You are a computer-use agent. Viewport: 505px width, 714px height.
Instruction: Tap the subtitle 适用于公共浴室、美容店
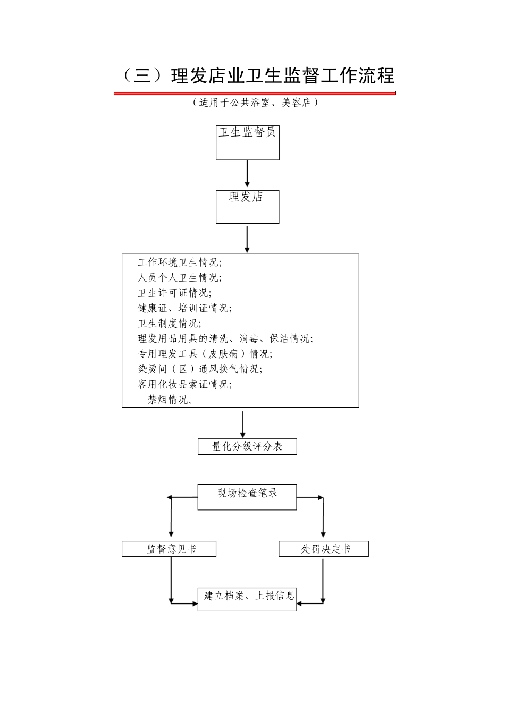pyautogui.click(x=255, y=103)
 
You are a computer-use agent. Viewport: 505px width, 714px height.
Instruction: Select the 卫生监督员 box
pyautogui.click(x=247, y=142)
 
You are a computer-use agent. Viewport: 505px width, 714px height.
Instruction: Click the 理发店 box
pyautogui.click(x=247, y=207)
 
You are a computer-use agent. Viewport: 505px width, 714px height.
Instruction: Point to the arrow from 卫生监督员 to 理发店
pyautogui.click(x=247, y=174)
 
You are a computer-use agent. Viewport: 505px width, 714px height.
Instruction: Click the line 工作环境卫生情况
pyautogui.click(x=180, y=262)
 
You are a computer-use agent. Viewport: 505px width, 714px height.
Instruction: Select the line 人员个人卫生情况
pyautogui.click(x=180, y=277)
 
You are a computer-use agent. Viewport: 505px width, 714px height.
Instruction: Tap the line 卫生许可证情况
pyautogui.click(x=174, y=293)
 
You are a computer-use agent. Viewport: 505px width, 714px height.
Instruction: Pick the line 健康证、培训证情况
pyautogui.click(x=184, y=308)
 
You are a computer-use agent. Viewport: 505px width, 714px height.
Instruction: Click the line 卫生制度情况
pyautogui.click(x=170, y=324)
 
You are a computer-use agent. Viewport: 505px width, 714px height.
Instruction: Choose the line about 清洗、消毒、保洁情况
pyautogui.click(x=225, y=338)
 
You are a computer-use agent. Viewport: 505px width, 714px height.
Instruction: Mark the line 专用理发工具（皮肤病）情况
pyautogui.click(x=205, y=354)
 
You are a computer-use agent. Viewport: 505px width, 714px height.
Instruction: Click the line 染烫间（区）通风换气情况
pyautogui.click(x=200, y=369)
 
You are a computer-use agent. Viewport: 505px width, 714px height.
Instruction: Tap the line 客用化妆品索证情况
pyautogui.click(x=184, y=384)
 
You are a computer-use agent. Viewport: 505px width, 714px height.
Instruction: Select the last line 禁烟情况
pyautogui.click(x=171, y=399)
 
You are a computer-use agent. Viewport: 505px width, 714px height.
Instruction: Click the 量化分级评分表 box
pyautogui.click(x=247, y=446)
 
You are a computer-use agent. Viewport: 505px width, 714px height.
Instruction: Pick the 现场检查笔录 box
pyautogui.click(x=247, y=497)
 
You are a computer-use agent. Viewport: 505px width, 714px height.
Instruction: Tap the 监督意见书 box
pyautogui.click(x=169, y=549)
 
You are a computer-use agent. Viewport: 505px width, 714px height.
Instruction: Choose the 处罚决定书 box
pyautogui.click(x=323, y=549)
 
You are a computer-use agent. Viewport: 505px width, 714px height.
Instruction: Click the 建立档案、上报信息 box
pyautogui.click(x=247, y=599)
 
